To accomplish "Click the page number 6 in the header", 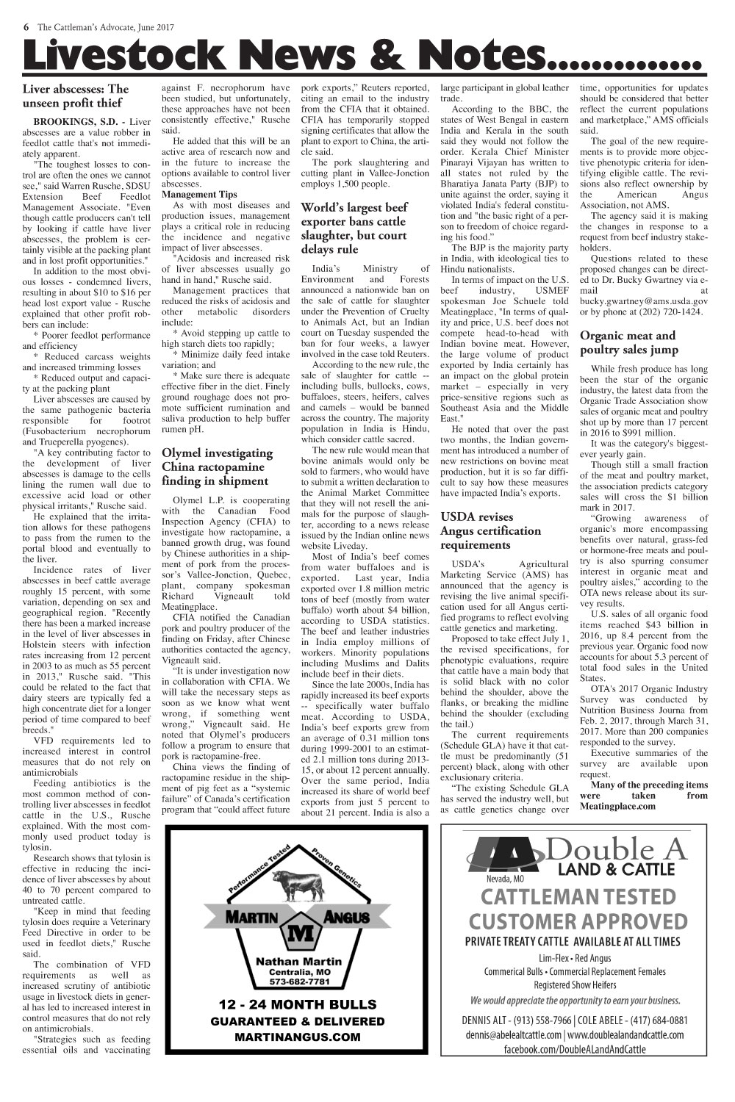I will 26,27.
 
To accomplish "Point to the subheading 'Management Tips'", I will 199,194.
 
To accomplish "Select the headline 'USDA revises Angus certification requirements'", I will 490,531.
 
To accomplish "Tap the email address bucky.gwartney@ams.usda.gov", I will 644,300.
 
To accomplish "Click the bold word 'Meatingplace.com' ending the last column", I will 617,807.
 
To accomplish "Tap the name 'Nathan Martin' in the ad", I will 298,961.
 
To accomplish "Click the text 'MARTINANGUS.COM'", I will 298,1037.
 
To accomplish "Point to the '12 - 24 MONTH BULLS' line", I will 298,1004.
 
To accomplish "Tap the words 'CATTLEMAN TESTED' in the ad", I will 578,897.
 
